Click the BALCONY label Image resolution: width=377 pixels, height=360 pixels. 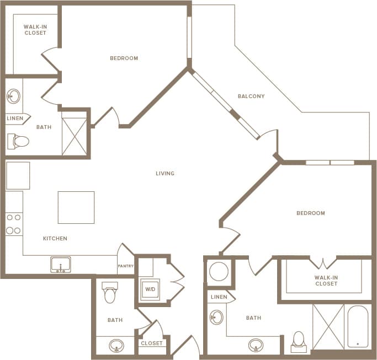coord(251,96)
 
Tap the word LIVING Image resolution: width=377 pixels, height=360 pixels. coord(165,174)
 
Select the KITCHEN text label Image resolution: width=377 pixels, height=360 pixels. coord(55,239)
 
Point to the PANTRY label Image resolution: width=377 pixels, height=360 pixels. coord(125,266)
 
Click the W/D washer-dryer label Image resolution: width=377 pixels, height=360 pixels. coord(150,289)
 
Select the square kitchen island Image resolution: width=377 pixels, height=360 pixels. coord(76,207)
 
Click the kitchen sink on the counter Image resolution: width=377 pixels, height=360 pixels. coord(60,265)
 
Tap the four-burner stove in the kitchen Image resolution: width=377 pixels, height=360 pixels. coord(14,223)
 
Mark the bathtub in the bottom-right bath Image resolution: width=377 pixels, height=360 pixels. coord(358,326)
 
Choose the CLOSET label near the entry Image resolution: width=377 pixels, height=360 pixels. coord(152,343)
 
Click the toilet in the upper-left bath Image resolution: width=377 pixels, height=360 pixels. coord(19,142)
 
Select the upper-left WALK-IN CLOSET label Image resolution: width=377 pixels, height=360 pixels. coord(35,30)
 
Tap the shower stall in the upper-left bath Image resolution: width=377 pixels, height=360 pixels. coord(74,136)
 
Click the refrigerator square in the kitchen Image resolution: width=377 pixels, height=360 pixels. coord(18,176)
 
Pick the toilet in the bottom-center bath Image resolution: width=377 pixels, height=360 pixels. coord(110,293)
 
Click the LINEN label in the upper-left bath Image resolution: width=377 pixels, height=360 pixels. coord(15,119)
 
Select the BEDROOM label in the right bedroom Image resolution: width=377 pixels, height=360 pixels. coord(310,213)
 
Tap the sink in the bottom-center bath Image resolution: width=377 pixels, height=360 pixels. coord(116,346)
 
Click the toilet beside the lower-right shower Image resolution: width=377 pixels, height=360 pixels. coord(299,341)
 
